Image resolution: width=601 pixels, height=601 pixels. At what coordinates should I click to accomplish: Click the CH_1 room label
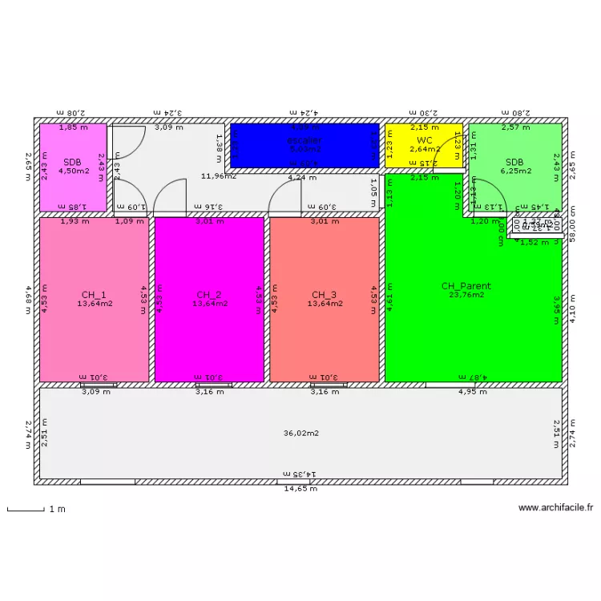pos(94,294)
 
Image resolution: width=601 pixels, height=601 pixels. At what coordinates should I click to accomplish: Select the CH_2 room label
pos(209,294)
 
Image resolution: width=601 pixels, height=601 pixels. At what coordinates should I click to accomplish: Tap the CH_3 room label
pos(325,294)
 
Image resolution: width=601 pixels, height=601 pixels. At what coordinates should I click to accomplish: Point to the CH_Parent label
pos(466,286)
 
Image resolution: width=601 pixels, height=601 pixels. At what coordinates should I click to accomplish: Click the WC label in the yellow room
pos(425,140)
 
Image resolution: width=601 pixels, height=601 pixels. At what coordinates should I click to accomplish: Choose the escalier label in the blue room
pos(305,140)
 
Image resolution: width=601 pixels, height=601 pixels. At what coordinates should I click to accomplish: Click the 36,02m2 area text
pos(301,434)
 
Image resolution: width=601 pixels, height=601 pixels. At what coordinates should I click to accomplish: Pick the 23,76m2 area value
pos(466,295)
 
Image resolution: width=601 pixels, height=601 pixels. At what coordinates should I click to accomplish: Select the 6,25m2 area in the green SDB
pos(517,170)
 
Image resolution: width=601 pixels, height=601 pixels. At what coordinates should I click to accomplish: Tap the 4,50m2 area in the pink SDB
pos(74,170)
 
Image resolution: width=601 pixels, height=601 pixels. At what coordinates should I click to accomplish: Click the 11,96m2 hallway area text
pos(219,176)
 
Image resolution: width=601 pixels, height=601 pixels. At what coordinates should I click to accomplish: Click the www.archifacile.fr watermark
pos(556,507)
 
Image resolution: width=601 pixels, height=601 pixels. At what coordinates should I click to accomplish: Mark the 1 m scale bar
pos(25,510)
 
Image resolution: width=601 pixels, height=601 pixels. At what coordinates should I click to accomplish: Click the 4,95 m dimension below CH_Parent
pos(472,392)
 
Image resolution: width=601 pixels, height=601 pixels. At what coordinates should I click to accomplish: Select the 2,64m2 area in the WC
pos(425,149)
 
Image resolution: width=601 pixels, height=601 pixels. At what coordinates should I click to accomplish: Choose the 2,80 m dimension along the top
pos(517,114)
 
